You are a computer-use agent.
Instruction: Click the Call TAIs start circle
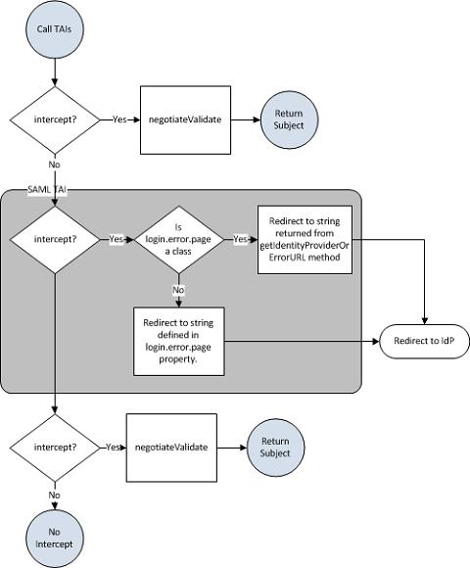(55, 29)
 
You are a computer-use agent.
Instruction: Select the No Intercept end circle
(55, 539)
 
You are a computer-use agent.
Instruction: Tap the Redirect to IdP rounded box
(424, 341)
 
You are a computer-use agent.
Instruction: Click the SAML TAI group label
(47, 189)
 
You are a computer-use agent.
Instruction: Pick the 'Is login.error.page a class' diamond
(179, 240)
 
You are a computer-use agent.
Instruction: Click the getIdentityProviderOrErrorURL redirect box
(305, 240)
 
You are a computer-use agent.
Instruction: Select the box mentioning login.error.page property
(179, 341)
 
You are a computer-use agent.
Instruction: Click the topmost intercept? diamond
(55, 119)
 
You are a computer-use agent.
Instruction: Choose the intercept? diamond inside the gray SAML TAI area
(55, 240)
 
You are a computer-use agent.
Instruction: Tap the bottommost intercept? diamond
(55, 448)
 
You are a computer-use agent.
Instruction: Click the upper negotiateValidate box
(185, 119)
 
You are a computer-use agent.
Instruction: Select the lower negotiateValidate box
(171, 448)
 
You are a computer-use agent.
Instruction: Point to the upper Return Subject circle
(289, 119)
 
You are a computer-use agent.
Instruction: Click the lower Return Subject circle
(275, 448)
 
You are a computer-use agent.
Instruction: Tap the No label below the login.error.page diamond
(178, 290)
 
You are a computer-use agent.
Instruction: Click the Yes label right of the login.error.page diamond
(240, 239)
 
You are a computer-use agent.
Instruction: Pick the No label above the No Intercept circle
(54, 496)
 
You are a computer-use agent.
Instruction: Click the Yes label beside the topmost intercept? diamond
(119, 119)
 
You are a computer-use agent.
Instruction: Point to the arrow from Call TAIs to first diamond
(55, 72)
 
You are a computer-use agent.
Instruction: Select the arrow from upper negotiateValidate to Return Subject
(246, 119)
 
